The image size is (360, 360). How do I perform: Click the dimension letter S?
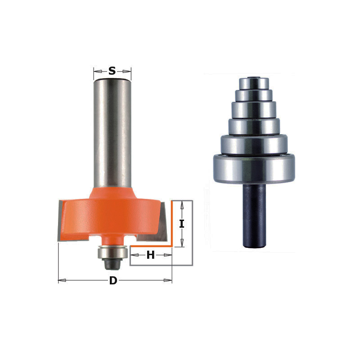tap(112, 71)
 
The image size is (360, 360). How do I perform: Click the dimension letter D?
tap(113, 280)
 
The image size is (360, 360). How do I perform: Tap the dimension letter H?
tap(151, 255)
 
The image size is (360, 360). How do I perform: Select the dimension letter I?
tap(182, 224)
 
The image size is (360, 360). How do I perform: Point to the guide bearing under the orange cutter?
tap(112, 252)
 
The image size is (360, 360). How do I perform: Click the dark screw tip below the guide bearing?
tap(112, 265)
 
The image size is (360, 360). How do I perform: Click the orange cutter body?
tap(112, 216)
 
